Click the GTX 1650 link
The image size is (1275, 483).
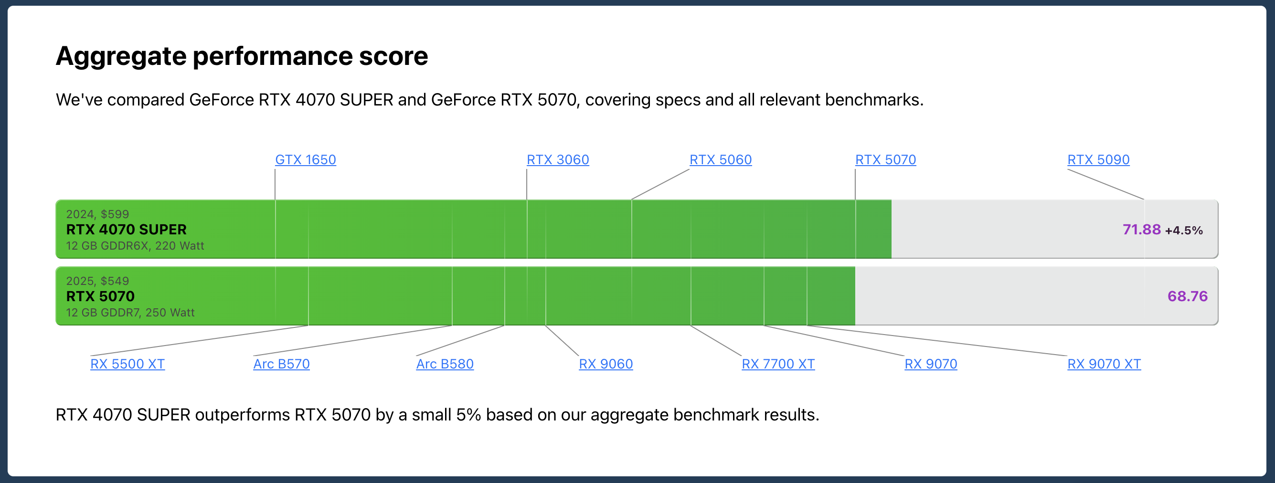(x=306, y=159)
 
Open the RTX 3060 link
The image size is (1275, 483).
(x=558, y=159)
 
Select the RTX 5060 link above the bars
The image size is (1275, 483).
(x=721, y=159)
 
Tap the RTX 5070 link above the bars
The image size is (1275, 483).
(x=885, y=159)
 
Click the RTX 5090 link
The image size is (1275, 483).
(x=1098, y=159)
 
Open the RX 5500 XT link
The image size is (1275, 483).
(x=127, y=364)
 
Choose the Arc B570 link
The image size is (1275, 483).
(x=282, y=364)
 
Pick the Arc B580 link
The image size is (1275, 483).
(x=445, y=364)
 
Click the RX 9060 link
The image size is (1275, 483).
(x=606, y=364)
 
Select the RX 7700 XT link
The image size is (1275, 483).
(x=778, y=364)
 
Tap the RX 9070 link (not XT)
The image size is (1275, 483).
(x=931, y=364)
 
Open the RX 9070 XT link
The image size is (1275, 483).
(x=1104, y=364)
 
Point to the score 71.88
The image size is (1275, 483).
(x=1141, y=230)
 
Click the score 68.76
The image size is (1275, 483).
(x=1188, y=296)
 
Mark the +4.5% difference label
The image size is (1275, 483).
(x=1184, y=230)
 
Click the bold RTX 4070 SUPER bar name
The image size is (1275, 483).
(x=126, y=230)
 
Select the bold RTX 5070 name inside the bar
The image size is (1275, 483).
(x=100, y=296)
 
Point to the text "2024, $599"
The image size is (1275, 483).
(x=97, y=214)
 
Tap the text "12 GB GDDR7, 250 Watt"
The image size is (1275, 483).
(x=130, y=312)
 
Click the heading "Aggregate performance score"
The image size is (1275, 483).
(x=242, y=56)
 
